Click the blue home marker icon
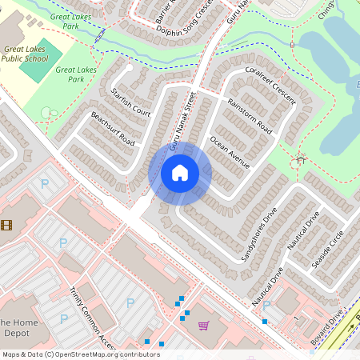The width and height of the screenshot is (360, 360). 180,173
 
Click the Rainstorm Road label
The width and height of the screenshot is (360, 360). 250,117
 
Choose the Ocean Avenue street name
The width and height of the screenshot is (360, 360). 230,151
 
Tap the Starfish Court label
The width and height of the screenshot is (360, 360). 131,102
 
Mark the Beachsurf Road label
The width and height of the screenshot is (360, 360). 112,127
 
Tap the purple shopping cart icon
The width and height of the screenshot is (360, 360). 203,326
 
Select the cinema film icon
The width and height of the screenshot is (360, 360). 6,225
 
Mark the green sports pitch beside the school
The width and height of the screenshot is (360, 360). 34,63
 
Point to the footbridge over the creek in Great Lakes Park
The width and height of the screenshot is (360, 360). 98,37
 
